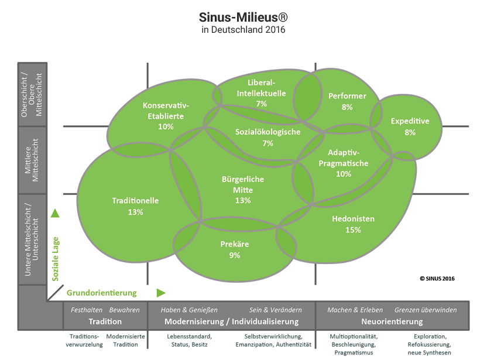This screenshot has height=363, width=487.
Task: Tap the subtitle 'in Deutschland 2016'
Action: [243, 29]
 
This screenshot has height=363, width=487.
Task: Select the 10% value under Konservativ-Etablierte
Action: [166, 126]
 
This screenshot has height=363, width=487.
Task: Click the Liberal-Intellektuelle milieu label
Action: [261, 87]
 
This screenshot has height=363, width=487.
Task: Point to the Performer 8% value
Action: [347, 107]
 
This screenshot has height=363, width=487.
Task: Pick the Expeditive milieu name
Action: [410, 121]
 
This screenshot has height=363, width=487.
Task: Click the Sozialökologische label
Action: [268, 132]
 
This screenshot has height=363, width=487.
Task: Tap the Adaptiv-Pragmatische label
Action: [344, 158]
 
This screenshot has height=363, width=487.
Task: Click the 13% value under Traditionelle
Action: [135, 212]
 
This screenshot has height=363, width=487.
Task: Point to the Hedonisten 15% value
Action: [353, 230]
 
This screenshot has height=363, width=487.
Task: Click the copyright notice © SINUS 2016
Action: [437, 279]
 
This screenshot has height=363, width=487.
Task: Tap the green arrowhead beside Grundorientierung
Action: [161, 292]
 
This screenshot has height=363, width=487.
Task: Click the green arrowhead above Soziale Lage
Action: [55, 213]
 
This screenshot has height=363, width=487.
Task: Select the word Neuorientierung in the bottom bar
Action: [392, 321]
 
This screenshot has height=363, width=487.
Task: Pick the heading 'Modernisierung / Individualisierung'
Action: [231, 321]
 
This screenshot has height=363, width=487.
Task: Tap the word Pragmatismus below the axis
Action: [353, 352]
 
